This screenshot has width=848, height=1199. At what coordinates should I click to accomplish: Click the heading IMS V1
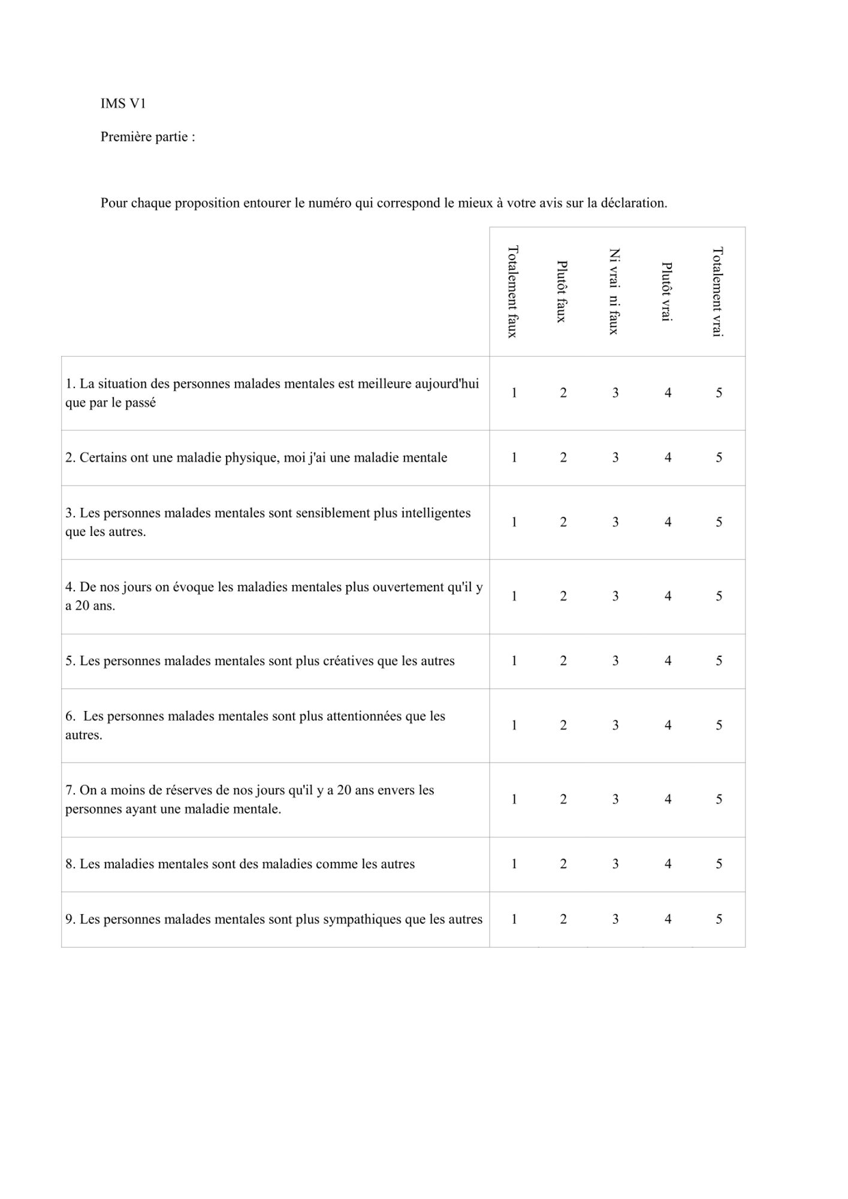123,104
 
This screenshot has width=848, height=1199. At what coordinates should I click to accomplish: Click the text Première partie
147,137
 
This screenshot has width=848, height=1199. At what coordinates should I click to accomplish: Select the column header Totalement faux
513,291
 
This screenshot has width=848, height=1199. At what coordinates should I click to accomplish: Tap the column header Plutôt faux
562,291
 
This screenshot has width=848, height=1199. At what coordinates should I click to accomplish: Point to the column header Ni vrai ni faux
614,291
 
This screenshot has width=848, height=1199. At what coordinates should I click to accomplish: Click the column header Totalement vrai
718,291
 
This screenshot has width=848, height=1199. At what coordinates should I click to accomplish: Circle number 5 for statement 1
719,393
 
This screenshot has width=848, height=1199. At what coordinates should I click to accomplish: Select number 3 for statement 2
615,457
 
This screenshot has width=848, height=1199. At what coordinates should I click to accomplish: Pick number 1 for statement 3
514,522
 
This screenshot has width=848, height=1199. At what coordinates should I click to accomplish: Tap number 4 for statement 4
668,596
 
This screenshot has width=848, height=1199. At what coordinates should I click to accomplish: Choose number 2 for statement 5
563,661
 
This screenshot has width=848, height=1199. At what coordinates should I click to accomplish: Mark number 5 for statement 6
719,725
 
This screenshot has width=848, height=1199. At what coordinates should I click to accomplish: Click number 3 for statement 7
615,799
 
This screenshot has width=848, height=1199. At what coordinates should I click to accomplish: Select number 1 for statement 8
514,864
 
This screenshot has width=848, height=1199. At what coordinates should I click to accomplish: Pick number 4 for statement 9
668,919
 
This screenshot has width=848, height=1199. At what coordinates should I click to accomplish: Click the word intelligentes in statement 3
436,513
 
